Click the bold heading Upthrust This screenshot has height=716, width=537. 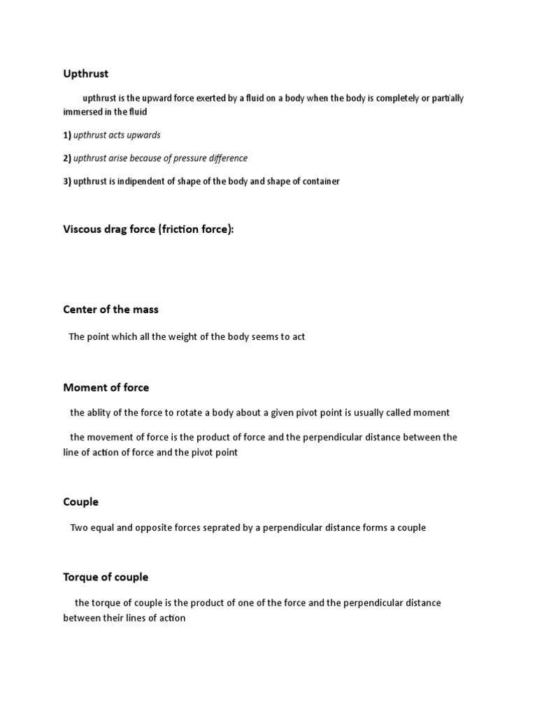(x=86, y=73)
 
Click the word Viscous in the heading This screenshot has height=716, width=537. (x=83, y=229)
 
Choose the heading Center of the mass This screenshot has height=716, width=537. (x=110, y=309)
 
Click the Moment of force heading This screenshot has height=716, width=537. (x=106, y=387)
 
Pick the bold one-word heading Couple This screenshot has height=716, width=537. (x=80, y=502)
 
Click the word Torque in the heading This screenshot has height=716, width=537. (x=81, y=578)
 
